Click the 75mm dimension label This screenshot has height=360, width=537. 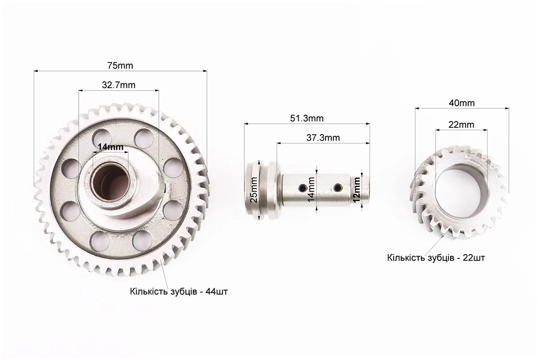[120, 65]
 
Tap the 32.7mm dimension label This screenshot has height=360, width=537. [118, 85]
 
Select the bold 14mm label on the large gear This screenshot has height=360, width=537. [110, 147]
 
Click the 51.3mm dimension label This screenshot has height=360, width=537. [307, 118]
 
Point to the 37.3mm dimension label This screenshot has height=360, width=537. [323, 138]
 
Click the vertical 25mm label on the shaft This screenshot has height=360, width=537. [254, 190]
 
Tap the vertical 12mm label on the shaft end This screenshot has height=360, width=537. [357, 190]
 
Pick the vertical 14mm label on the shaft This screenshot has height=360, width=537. [311, 189]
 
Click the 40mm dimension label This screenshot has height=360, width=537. [461, 103]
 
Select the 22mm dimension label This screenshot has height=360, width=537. [461, 125]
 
